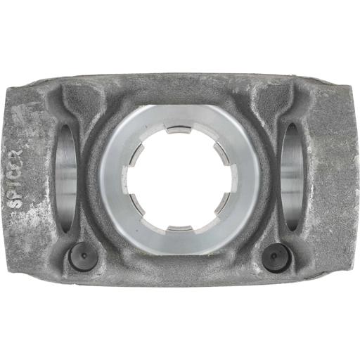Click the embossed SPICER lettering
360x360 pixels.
[x=15, y=178]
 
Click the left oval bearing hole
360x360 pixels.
[x=66, y=178]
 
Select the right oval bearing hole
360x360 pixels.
[x=292, y=176]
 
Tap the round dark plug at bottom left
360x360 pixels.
[x=83, y=257]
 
